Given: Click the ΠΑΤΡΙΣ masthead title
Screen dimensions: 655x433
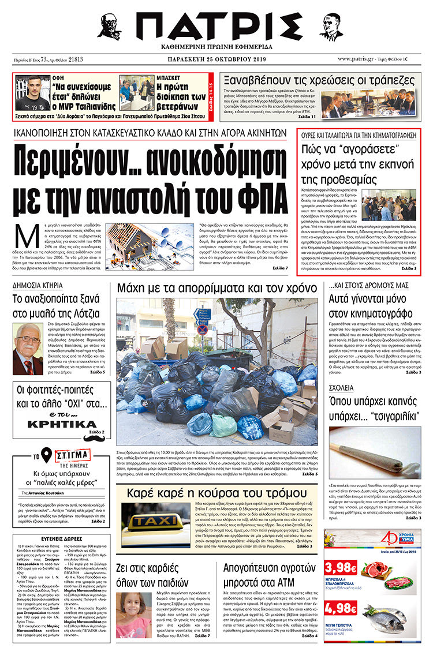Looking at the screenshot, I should pyautogui.click(x=216, y=25).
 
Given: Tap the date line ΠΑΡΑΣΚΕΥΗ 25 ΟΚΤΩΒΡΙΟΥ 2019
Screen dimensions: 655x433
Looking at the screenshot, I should pyautogui.click(x=216, y=59).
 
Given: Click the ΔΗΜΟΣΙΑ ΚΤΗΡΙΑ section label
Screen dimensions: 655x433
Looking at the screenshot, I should pyautogui.click(x=39, y=285).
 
